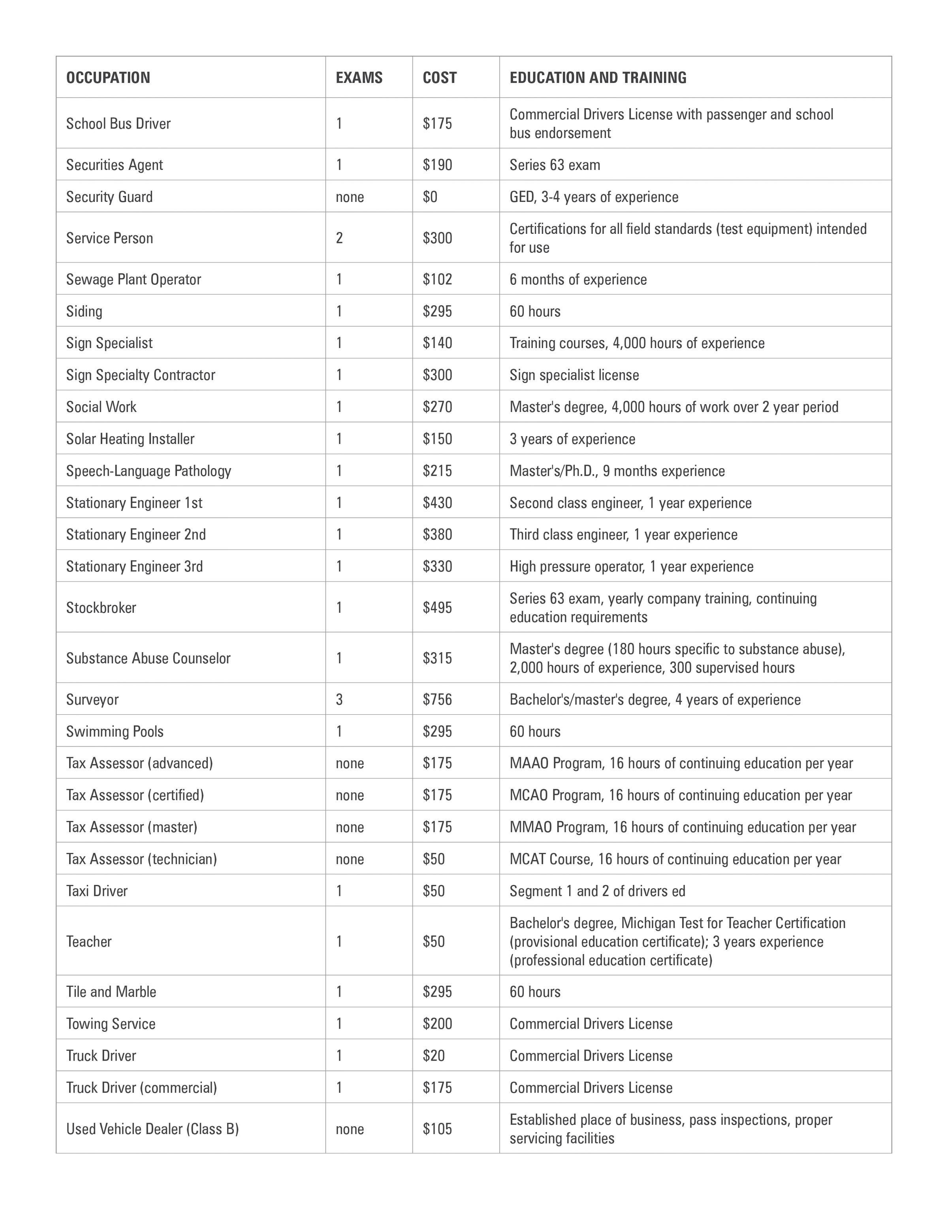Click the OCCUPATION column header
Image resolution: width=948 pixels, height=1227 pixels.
(108, 77)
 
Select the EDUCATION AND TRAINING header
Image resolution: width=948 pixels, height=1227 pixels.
(598, 77)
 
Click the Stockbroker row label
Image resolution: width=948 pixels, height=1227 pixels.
(101, 607)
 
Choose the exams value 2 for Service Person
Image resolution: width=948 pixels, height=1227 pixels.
(339, 238)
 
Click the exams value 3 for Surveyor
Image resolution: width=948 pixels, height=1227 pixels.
(339, 700)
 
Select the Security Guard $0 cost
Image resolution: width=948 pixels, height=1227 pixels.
(430, 197)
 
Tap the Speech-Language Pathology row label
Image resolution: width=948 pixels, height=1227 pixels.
(148, 471)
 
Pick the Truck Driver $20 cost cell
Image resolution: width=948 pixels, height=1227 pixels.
(434, 1056)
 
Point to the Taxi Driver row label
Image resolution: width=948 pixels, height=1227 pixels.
(97, 891)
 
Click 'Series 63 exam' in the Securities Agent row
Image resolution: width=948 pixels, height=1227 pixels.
(554, 165)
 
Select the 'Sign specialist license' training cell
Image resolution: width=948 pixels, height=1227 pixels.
(574, 375)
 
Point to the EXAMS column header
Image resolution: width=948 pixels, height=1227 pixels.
(359, 77)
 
